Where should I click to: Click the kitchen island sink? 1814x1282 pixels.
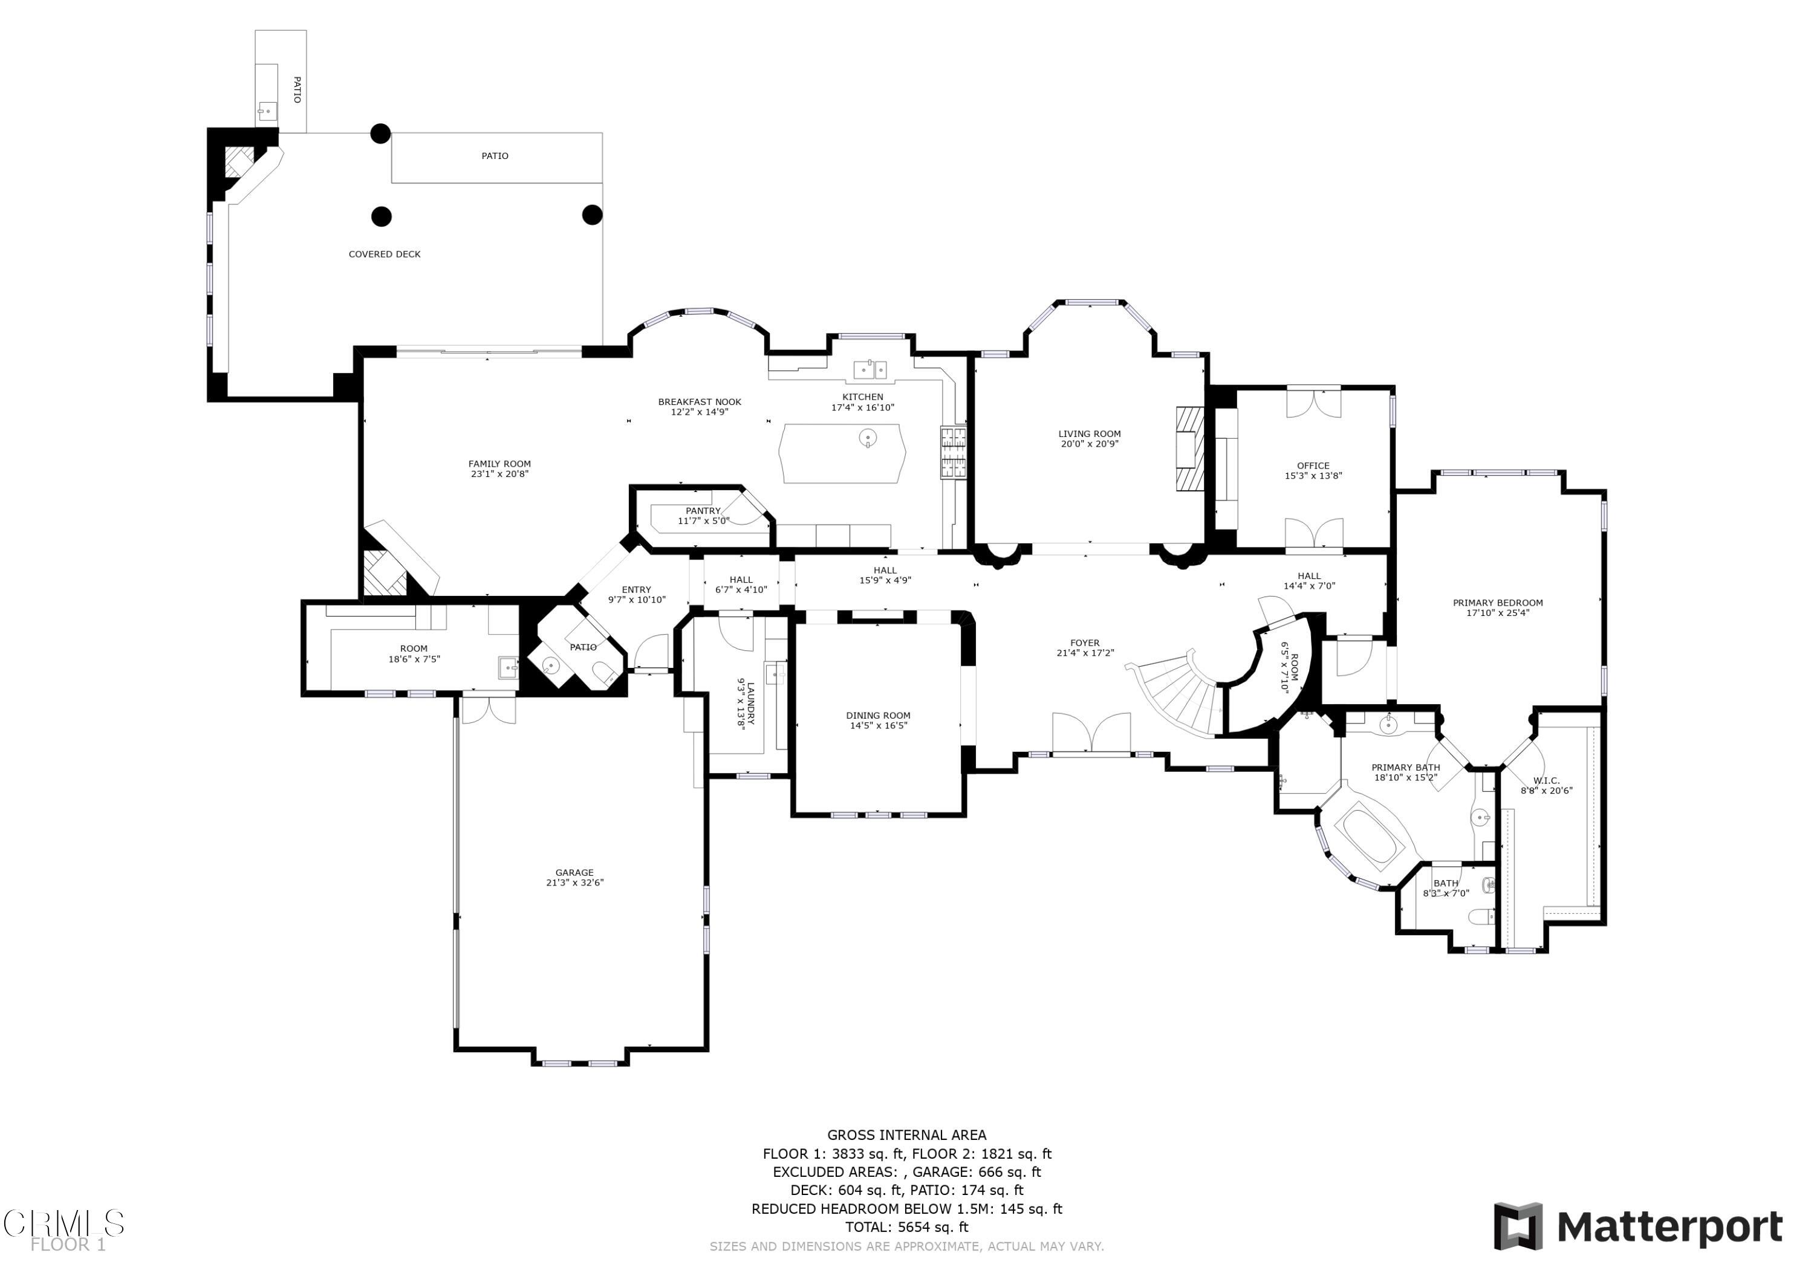coord(868,437)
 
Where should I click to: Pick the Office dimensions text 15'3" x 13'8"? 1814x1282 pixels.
coord(1313,476)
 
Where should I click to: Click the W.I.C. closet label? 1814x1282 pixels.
coord(1546,780)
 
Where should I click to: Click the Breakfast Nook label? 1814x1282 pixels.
coord(700,402)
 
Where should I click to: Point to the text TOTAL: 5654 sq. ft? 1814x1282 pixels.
coord(907,1227)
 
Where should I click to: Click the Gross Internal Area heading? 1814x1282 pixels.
coord(907,1135)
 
